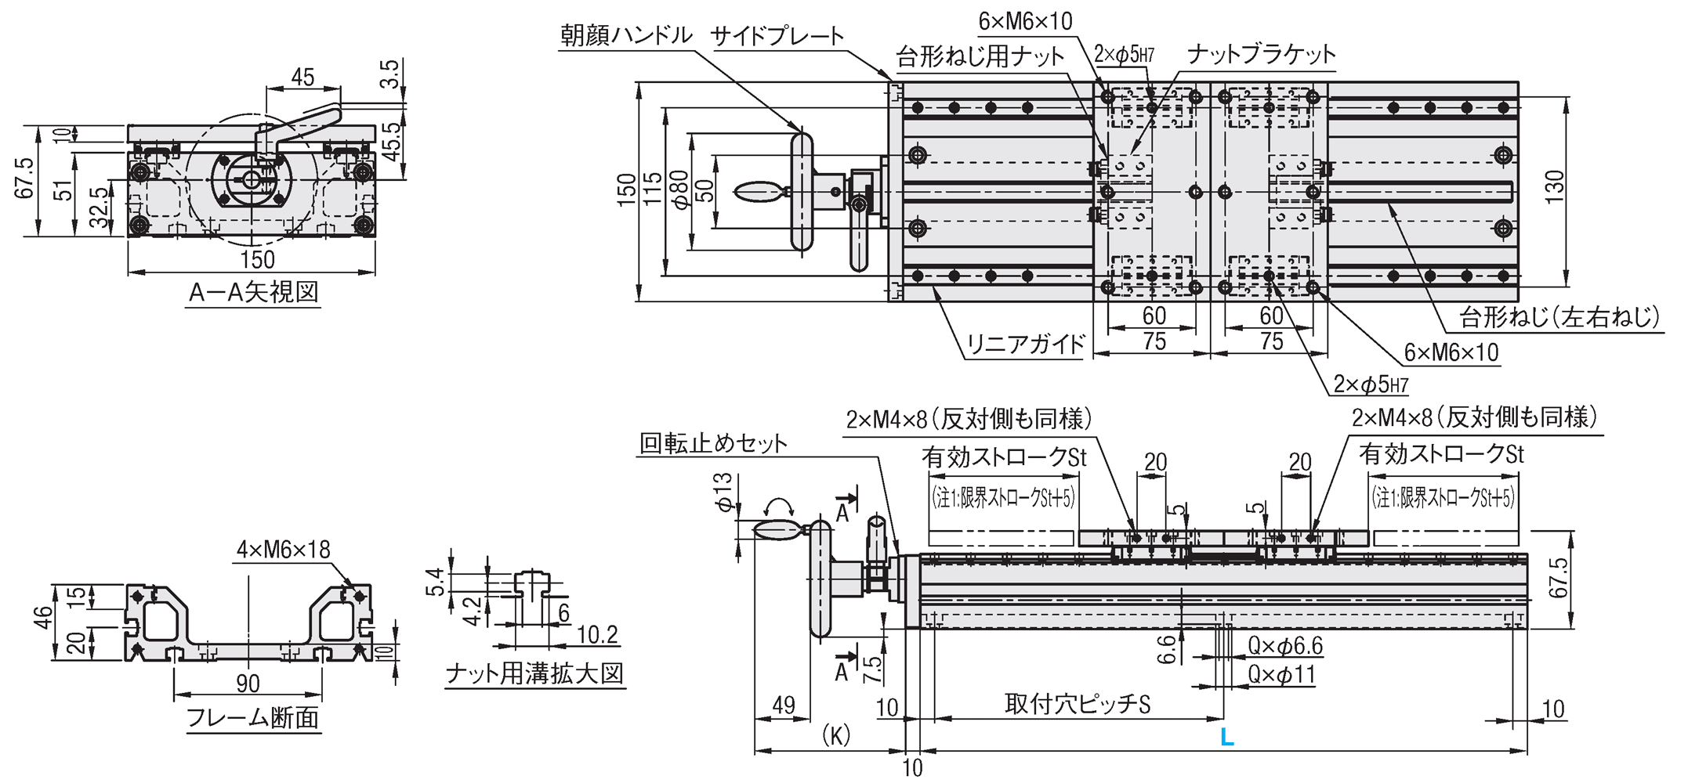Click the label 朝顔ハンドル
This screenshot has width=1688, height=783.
(626, 35)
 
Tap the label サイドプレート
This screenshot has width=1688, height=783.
(777, 36)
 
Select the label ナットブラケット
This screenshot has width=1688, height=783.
(1261, 54)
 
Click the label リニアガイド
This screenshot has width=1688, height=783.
(1025, 344)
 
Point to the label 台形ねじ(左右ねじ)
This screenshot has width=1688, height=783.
(1559, 317)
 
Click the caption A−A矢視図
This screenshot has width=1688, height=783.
(254, 293)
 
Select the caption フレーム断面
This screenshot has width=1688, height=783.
(252, 717)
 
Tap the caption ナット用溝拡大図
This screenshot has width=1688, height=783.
(534, 673)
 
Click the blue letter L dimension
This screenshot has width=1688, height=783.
(1227, 737)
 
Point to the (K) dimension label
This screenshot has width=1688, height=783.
(836, 736)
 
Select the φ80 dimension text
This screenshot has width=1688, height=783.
(680, 190)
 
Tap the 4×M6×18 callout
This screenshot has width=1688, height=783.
(284, 550)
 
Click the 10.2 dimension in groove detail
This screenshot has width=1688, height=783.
(597, 634)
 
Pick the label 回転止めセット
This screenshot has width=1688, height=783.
(713, 444)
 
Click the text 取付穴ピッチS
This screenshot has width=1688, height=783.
(1078, 704)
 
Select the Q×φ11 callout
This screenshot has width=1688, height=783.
(1281, 674)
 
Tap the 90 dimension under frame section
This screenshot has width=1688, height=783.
(248, 684)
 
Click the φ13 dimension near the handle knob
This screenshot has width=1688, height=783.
(723, 493)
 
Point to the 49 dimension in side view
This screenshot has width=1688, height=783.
(783, 705)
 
